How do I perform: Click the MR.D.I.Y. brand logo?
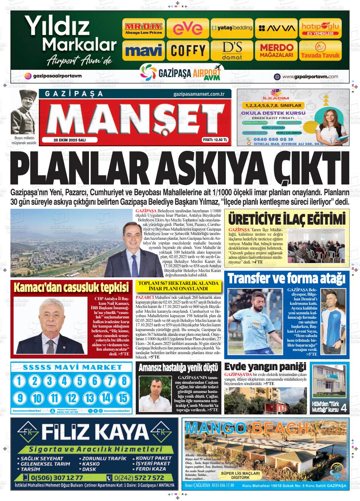143,28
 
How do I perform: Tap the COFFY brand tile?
188,50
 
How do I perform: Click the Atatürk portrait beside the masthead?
24,112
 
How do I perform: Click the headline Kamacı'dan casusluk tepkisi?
71,288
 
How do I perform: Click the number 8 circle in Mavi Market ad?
124,381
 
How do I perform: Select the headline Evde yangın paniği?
265,367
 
